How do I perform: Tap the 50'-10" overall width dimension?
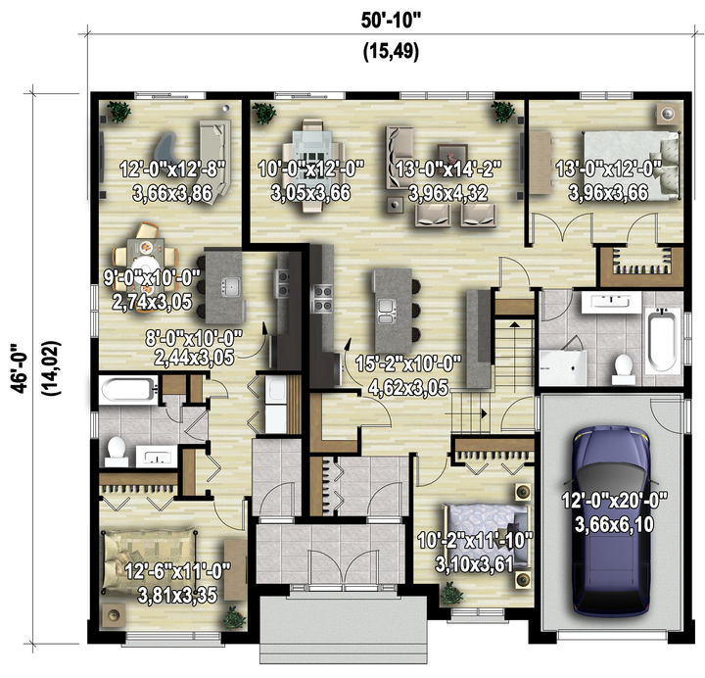[391, 21]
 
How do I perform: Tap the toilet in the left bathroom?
[116, 451]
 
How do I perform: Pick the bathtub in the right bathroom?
[662, 341]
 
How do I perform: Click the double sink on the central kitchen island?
[387, 312]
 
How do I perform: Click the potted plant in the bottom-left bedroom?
[234, 617]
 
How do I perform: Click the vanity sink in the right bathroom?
[611, 302]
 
